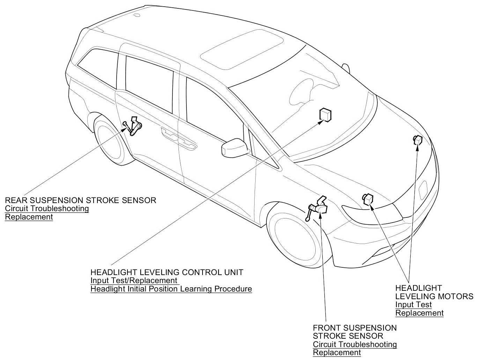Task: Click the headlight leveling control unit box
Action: point(325,115)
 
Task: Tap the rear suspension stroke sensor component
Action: point(134,126)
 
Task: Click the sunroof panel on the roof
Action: point(242,49)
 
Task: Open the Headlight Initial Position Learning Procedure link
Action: point(171,289)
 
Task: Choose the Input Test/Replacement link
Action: point(134,281)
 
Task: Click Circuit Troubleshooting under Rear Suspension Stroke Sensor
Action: point(47,209)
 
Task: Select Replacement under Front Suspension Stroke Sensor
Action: point(337,353)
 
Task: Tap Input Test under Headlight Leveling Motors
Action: point(413,305)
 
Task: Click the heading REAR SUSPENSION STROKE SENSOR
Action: point(80,200)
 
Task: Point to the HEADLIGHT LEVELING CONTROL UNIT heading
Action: point(167,272)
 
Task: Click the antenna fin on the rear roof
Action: point(137,15)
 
